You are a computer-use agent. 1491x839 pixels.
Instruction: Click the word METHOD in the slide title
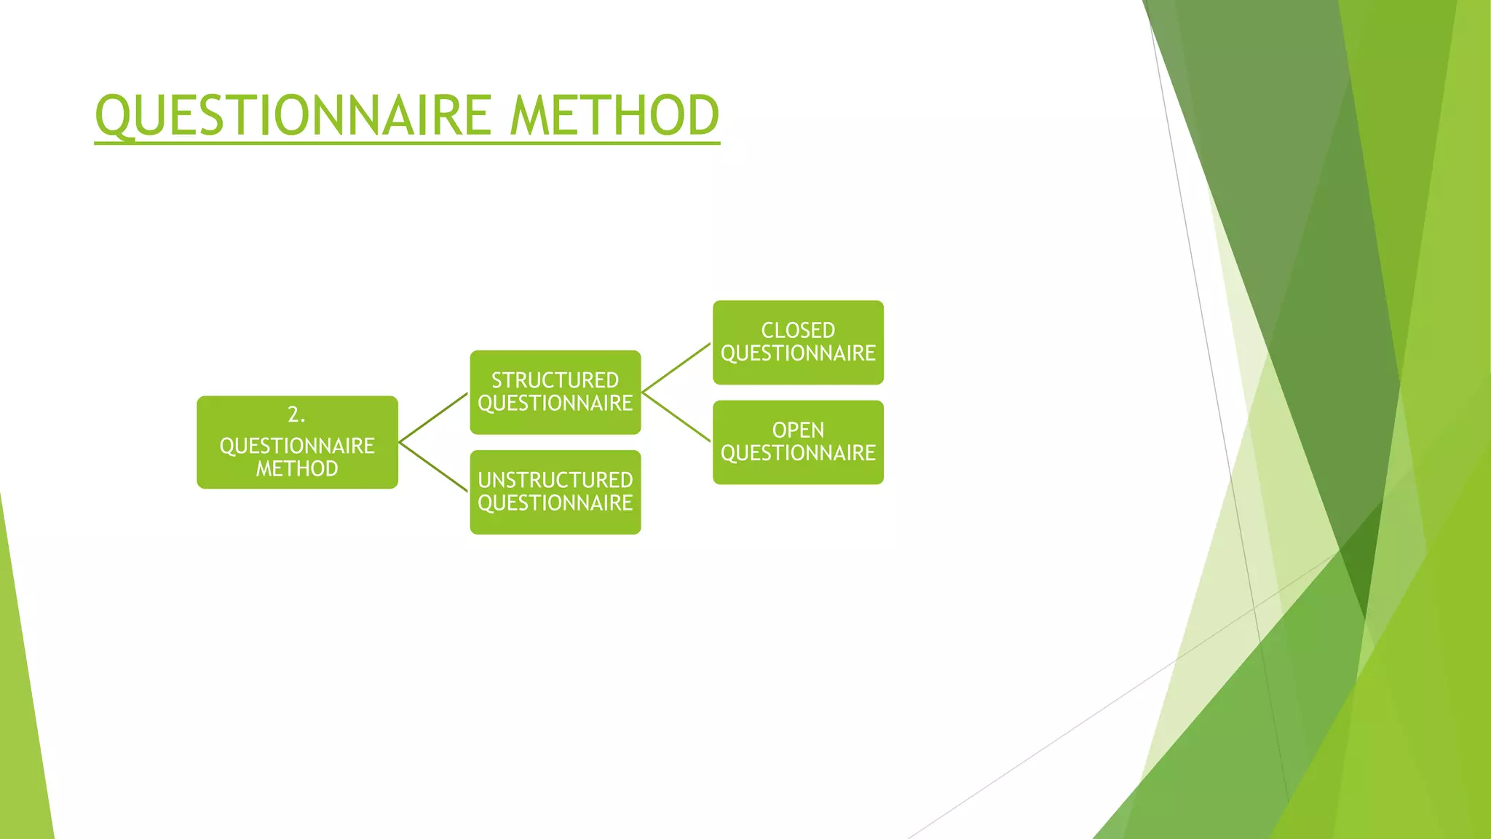pyautogui.click(x=614, y=116)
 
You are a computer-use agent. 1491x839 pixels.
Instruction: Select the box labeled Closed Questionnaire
pyautogui.click(x=798, y=342)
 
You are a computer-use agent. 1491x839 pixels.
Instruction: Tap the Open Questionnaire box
pyautogui.click(x=798, y=442)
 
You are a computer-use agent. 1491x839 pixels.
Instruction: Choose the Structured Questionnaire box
pyautogui.click(x=555, y=392)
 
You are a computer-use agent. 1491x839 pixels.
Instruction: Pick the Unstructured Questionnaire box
pyautogui.click(x=555, y=492)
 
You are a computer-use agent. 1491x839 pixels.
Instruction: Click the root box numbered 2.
pyautogui.click(x=297, y=442)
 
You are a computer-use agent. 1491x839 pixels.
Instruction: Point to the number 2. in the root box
pyautogui.click(x=296, y=414)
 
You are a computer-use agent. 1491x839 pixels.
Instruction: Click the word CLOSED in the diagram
pyautogui.click(x=798, y=331)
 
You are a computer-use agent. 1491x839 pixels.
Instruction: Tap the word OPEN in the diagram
pyautogui.click(x=798, y=430)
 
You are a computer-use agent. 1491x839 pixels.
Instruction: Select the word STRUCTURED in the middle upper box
pyautogui.click(x=555, y=380)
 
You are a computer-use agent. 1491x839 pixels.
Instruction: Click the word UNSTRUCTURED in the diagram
pyautogui.click(x=555, y=480)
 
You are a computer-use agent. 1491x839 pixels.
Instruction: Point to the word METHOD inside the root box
pyautogui.click(x=296, y=468)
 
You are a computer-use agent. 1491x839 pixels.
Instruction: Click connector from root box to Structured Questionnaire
pyautogui.click(x=434, y=417)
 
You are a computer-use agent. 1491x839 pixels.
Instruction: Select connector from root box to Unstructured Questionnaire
pyautogui.click(x=434, y=467)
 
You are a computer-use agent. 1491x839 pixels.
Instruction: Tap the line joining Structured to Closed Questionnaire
pyautogui.click(x=676, y=368)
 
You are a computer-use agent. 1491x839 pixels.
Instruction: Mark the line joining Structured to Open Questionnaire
pyautogui.click(x=676, y=417)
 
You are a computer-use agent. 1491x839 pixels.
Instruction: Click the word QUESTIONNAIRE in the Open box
pyautogui.click(x=798, y=453)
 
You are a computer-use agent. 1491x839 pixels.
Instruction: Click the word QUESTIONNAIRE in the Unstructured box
pyautogui.click(x=555, y=503)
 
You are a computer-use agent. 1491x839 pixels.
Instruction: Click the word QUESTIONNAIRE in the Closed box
pyautogui.click(x=798, y=354)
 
